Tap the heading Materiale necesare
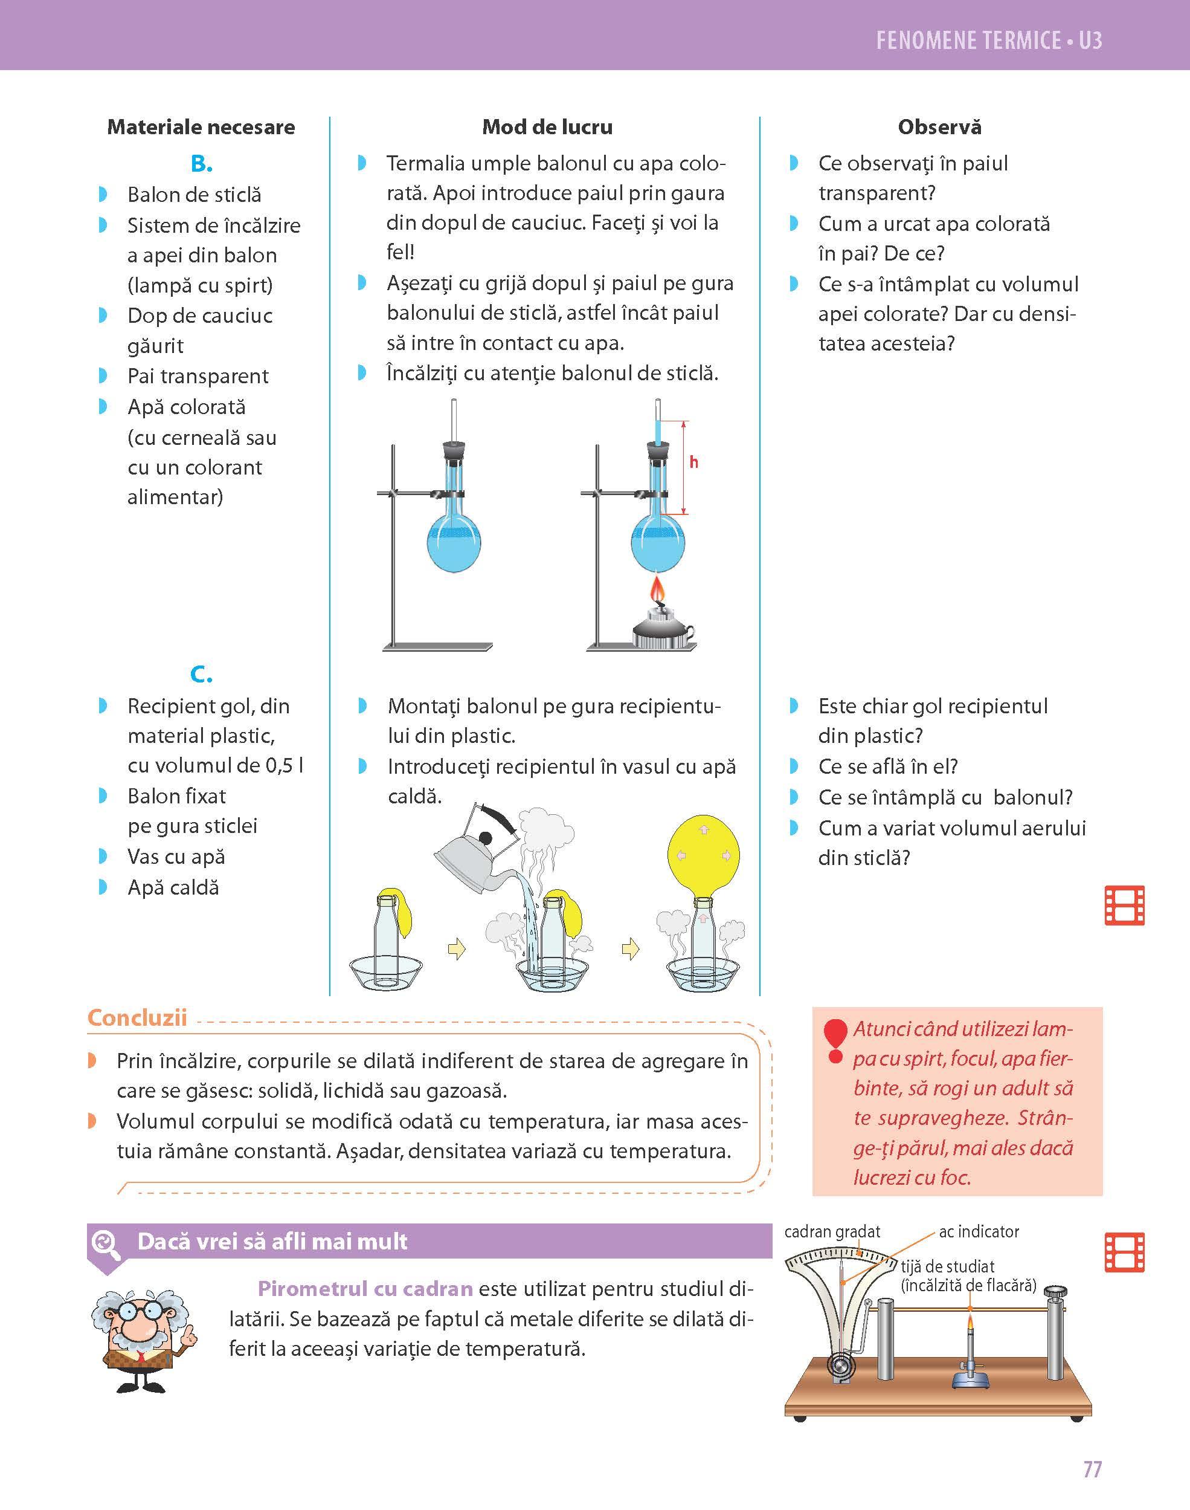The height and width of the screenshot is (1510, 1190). tap(201, 127)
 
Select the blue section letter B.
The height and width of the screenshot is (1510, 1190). tap(201, 164)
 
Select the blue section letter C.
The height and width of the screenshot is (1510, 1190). tap(201, 674)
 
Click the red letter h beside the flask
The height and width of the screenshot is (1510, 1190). tap(694, 462)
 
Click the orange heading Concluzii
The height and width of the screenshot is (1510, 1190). tap(137, 1018)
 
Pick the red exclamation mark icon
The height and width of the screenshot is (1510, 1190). tap(835, 1042)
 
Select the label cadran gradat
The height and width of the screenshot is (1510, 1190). tap(832, 1232)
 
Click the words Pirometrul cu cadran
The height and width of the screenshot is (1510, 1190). tap(365, 1288)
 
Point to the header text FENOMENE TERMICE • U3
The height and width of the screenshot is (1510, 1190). tap(989, 41)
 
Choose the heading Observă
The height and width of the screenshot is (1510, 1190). tap(939, 127)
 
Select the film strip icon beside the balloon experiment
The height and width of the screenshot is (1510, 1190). tap(1125, 906)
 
